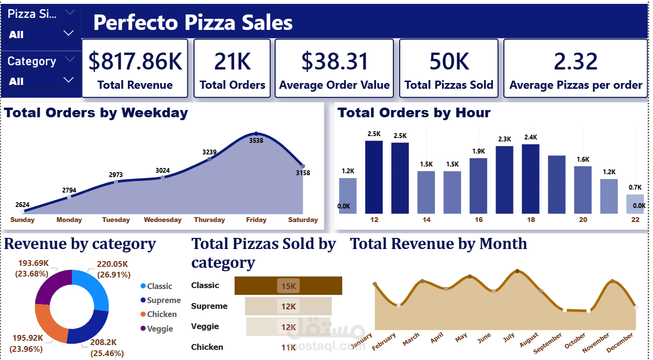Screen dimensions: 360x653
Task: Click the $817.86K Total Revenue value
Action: (135, 62)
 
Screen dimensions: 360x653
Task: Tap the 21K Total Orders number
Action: (232, 62)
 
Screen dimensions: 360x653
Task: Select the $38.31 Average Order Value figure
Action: (334, 62)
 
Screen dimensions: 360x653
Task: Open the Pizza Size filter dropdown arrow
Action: (69, 33)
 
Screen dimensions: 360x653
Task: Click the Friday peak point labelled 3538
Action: (256, 134)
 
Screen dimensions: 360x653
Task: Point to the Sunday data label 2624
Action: (22, 204)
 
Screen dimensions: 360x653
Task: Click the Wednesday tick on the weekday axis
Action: (163, 220)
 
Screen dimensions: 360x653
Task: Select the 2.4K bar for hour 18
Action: (530, 179)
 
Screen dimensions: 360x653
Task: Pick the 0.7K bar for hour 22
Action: (635, 204)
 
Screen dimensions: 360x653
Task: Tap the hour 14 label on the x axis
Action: (426, 220)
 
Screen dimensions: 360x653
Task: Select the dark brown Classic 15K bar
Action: (288, 286)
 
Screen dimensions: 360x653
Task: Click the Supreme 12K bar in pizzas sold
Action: (288, 306)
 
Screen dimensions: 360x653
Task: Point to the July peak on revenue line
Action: (517, 271)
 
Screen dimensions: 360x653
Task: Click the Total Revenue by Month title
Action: (438, 244)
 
